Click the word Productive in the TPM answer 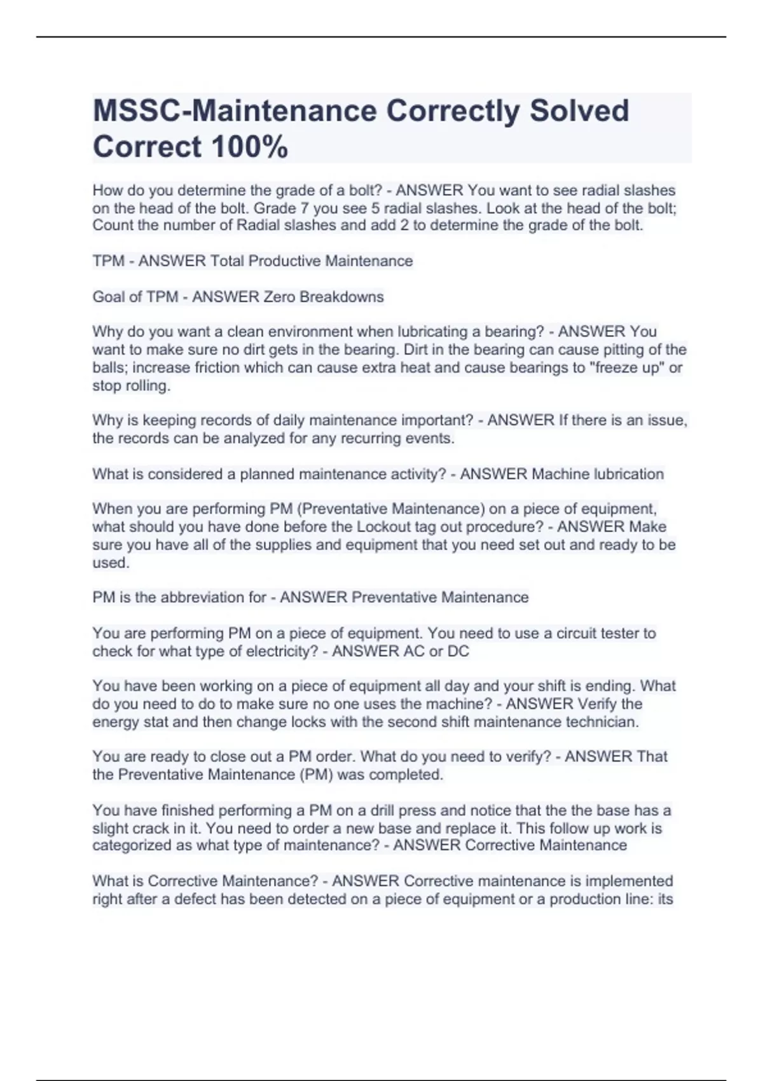pos(290,261)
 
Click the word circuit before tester pos(579,633)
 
